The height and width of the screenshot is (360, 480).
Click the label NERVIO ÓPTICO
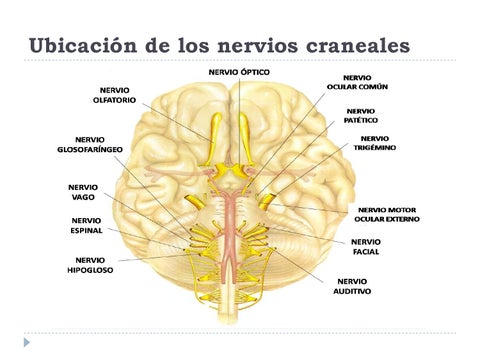pyautogui.click(x=239, y=72)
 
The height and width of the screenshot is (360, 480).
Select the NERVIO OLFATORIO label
pyautogui.click(x=114, y=95)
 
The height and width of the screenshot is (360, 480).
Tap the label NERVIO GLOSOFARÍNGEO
pyautogui.click(x=90, y=145)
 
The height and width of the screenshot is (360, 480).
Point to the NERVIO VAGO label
pyautogui.click(x=83, y=192)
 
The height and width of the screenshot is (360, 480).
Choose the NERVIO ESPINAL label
pyautogui.click(x=86, y=226)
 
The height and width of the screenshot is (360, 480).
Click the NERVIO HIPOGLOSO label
pyautogui.click(x=90, y=265)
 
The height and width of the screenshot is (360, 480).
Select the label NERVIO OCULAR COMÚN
pyautogui.click(x=357, y=82)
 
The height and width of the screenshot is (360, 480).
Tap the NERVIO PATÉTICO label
pyautogui.click(x=361, y=116)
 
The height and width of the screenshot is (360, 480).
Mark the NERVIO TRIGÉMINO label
pyautogui.click(x=375, y=143)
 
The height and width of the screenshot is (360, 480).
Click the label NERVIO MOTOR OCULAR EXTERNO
pyautogui.click(x=387, y=215)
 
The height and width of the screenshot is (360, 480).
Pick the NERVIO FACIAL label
pyautogui.click(x=366, y=247)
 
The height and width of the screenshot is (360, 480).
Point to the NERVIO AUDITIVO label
pyautogui.click(x=352, y=286)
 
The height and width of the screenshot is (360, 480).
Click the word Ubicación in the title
pyautogui.click(x=83, y=45)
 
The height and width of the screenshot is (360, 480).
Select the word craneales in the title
pyautogui.click(x=358, y=46)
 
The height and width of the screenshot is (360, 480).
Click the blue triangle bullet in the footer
pyautogui.click(x=27, y=342)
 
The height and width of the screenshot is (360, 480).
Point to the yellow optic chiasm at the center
pyautogui.click(x=229, y=170)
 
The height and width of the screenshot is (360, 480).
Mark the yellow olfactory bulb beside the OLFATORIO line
pyautogui.click(x=215, y=138)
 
